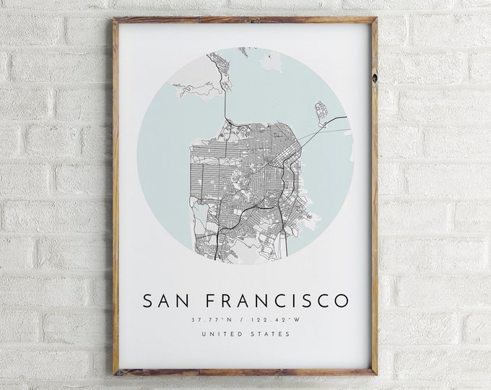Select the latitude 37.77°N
[212, 319]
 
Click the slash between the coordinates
[243, 319]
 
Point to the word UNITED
[219, 334]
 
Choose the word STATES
[269, 334]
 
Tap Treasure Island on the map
[321, 111]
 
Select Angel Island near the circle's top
[271, 62]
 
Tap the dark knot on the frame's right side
[374, 74]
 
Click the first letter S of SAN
[148, 300]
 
